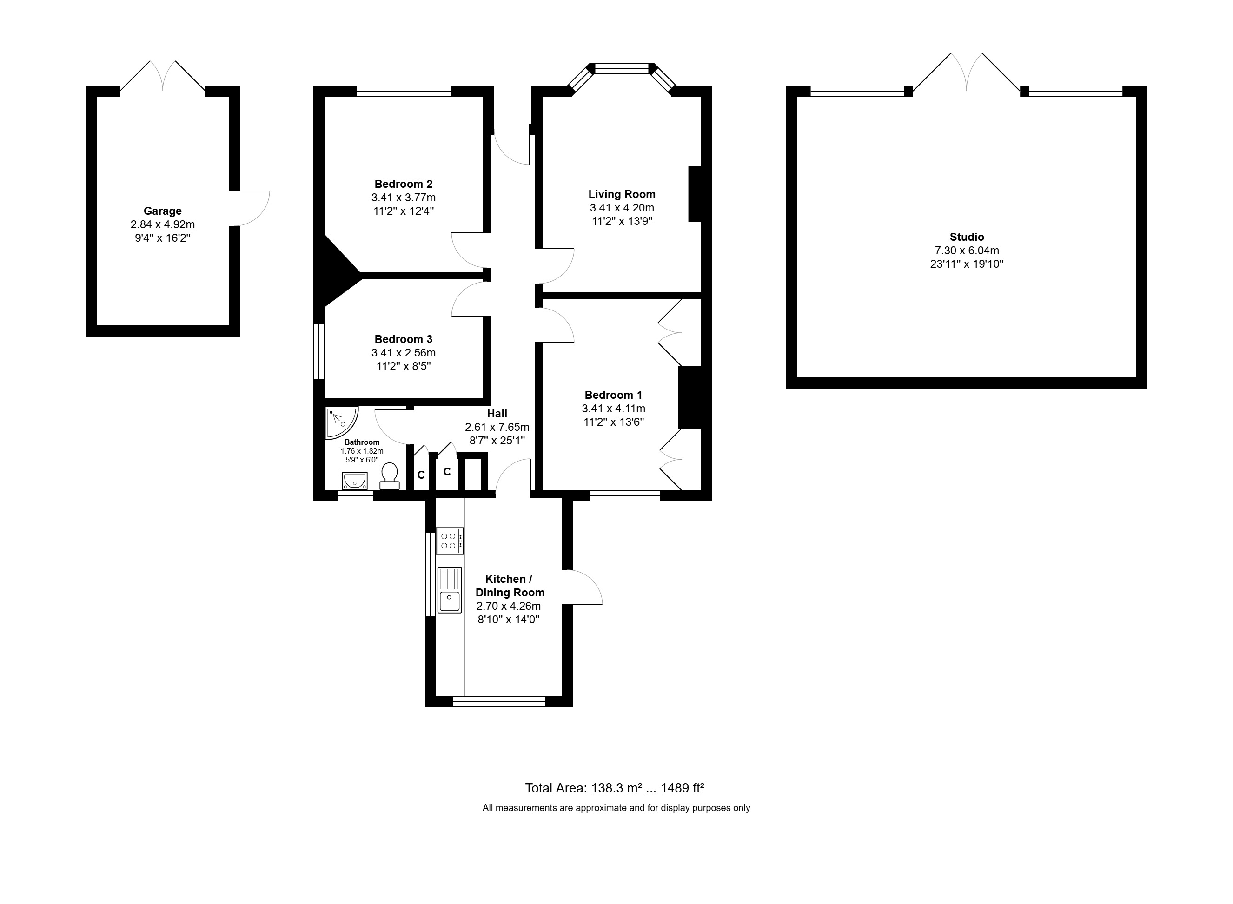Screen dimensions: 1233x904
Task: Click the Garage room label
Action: coord(163,211)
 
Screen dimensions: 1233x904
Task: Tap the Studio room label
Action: coord(967,237)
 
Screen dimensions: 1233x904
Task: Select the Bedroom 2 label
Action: coord(404,184)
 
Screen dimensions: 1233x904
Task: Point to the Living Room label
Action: coord(622,194)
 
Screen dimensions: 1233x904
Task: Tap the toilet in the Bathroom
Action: coord(390,476)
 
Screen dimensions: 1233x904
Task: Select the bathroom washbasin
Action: coord(355,481)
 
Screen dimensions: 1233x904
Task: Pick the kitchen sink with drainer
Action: coord(449,590)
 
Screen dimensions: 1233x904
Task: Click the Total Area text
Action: coord(615,788)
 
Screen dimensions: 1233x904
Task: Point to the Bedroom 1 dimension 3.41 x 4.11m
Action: coord(614,408)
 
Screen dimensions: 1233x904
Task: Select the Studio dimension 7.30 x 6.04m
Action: coord(967,251)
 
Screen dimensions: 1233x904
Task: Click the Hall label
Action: coord(497,414)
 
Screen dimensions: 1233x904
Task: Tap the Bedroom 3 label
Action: coord(404,339)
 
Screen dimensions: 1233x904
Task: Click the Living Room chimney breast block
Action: coord(695,194)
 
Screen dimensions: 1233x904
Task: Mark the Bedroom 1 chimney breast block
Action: coord(689,397)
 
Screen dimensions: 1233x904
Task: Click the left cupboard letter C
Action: coord(421,475)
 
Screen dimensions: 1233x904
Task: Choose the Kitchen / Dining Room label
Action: coord(510,586)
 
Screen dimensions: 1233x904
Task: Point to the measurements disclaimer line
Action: coord(616,808)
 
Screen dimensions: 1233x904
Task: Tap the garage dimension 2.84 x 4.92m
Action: coord(163,224)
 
